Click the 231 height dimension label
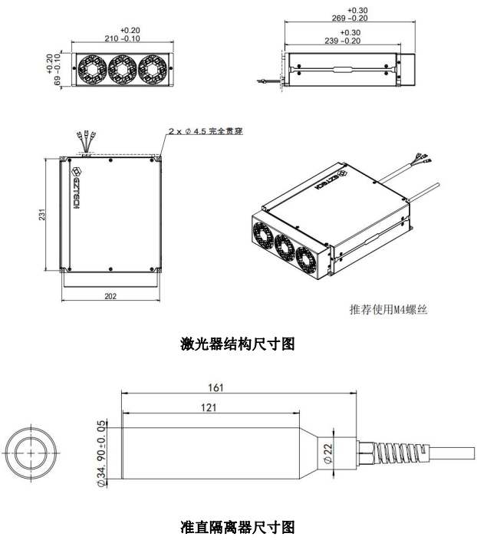41,214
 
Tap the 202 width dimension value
110,296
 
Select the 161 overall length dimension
215,388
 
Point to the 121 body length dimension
209,408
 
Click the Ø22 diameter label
328,453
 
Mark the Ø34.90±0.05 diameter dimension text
102,453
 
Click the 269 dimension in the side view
350,14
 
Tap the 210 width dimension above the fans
123,35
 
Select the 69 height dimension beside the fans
54,69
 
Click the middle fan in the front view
122,69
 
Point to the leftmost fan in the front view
92,69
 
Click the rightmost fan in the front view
153,69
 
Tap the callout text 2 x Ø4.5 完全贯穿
206,131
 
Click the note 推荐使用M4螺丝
388,309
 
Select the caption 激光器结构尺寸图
238,344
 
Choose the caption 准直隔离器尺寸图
238,527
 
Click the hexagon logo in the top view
77,172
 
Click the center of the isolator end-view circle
31,453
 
